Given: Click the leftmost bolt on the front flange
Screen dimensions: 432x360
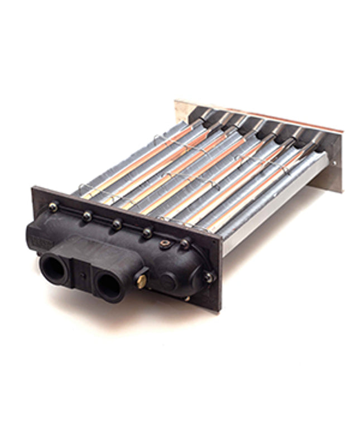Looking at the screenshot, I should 54,207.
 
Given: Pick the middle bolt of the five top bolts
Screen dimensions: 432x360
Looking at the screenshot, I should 117,224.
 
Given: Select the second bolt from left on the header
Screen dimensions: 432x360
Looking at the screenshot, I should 86,215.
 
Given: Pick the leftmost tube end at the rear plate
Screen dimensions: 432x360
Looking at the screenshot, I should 206,114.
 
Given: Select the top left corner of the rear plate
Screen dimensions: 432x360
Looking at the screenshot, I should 176,102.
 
